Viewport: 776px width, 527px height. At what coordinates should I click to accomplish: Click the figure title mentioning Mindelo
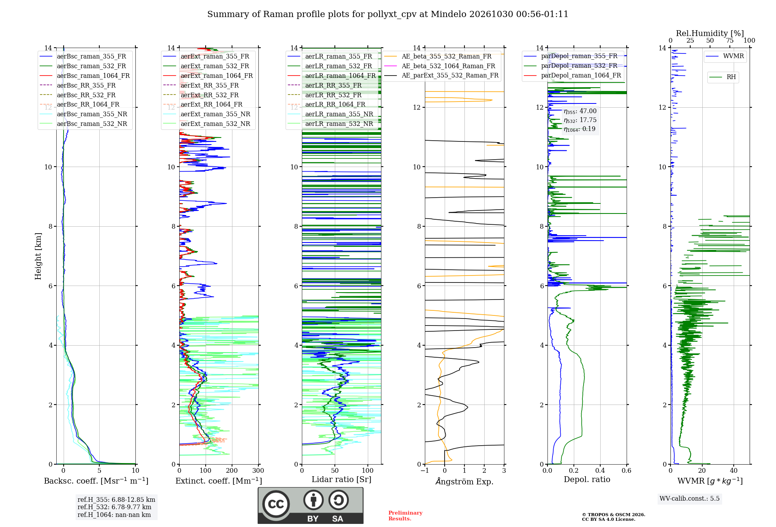[x=388, y=14]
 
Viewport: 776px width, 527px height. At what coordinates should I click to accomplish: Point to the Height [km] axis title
[x=38, y=256]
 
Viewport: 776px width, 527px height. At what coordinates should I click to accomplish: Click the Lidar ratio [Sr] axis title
[x=341, y=479]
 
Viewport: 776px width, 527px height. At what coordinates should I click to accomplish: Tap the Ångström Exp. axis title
[x=464, y=481]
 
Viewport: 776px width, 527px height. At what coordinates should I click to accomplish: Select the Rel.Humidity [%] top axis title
[x=710, y=33]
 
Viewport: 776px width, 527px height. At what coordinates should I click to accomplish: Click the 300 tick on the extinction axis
[x=258, y=470]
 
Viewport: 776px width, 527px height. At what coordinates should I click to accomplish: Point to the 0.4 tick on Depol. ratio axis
[x=600, y=470]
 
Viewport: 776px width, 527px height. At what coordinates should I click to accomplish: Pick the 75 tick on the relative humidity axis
[x=730, y=40]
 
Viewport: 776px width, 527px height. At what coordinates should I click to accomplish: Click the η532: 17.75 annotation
[x=580, y=120]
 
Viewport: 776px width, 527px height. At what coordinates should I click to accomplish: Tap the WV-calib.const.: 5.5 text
[x=689, y=498]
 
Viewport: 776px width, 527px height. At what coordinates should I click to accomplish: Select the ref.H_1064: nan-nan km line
[x=114, y=515]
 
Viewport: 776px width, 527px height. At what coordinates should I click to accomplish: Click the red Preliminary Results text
[x=405, y=516]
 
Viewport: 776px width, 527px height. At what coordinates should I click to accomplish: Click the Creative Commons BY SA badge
[x=310, y=506]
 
